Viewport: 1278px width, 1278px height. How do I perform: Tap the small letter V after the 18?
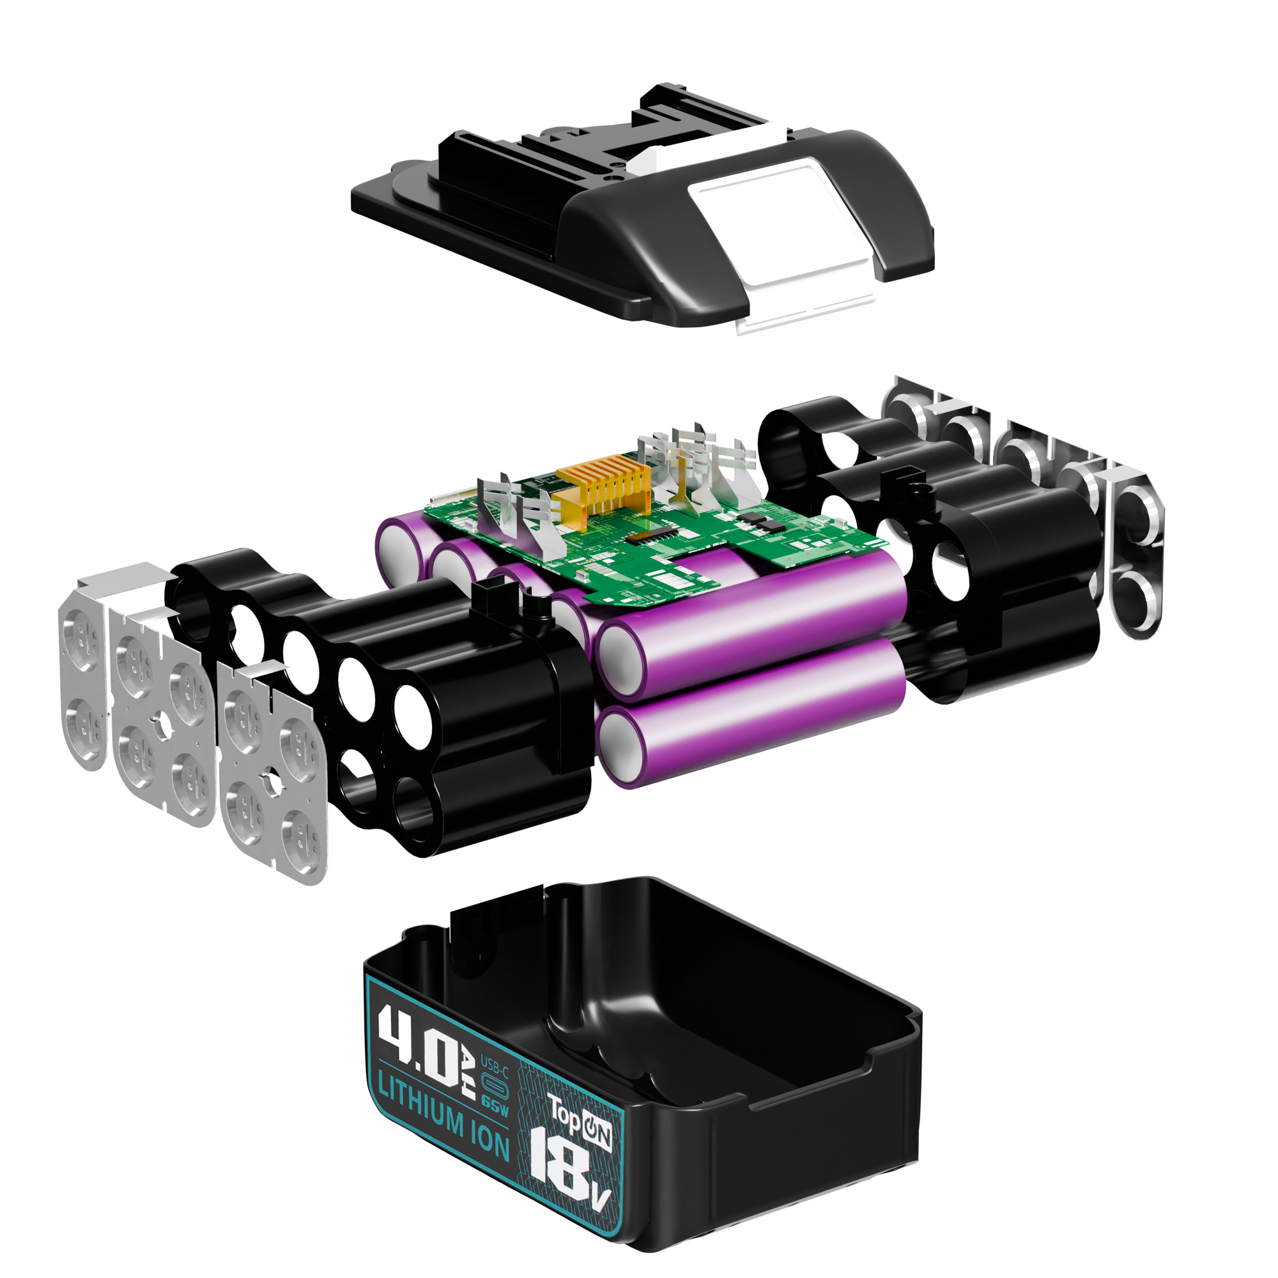coord(599,1218)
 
